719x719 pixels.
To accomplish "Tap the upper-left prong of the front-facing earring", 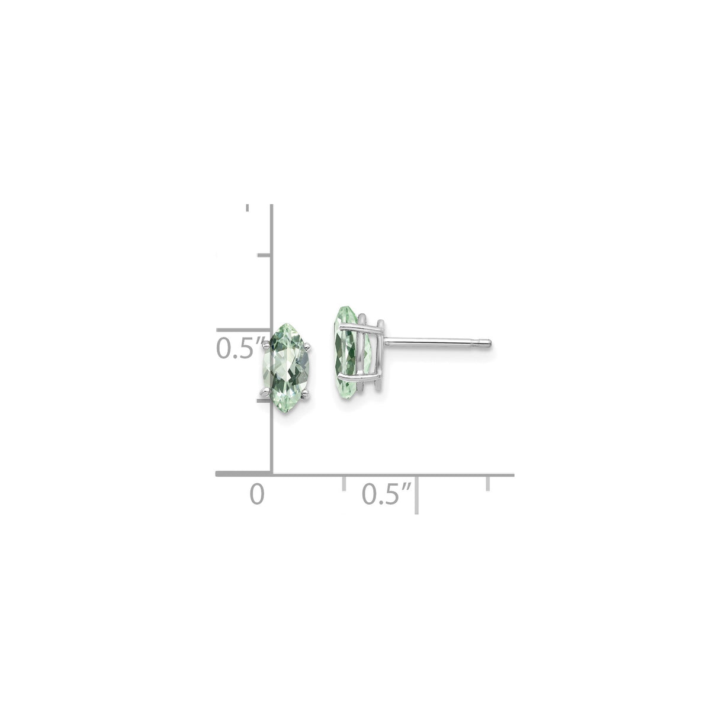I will [x=273, y=340].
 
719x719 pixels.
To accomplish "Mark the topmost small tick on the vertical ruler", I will [x=248, y=208].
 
